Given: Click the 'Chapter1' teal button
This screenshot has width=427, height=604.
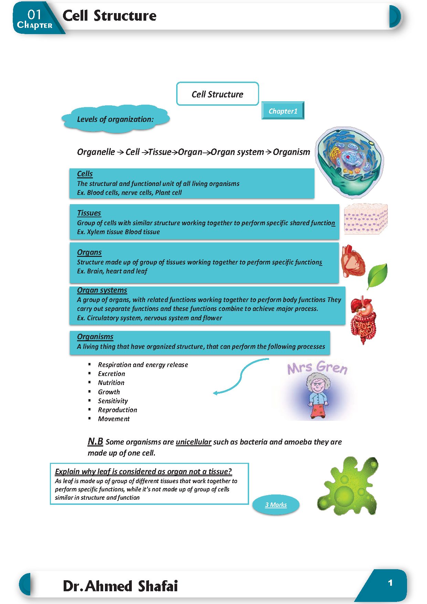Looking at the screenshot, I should [283, 111].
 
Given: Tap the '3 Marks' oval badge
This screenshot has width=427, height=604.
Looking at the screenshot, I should [276, 505].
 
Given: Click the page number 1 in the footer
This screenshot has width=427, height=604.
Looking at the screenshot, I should [390, 583].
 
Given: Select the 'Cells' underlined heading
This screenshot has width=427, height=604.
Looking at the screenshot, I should [85, 174].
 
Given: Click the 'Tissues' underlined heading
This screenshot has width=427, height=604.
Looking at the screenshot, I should [89, 213].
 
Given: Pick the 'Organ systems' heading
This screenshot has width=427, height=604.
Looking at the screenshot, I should [102, 290].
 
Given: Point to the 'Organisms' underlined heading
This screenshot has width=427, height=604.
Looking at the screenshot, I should [95, 336].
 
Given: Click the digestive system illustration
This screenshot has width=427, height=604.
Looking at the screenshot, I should [363, 320].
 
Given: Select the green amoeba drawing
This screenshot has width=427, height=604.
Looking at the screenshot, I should [348, 486].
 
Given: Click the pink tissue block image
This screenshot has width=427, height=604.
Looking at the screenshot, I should [365, 219].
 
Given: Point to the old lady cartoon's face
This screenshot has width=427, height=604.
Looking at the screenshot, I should [318, 385].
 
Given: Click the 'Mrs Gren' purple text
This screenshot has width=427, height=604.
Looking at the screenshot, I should [317, 367].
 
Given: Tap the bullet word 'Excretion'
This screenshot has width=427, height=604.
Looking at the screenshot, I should [111, 374].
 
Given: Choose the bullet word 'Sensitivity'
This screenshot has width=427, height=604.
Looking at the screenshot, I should [113, 401].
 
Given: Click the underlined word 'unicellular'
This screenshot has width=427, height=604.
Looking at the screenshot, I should [193, 442].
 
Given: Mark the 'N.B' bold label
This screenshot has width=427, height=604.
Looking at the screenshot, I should [95, 441].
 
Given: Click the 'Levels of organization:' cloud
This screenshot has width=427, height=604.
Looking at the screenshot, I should [115, 119].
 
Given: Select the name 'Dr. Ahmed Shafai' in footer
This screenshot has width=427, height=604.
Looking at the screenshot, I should [120, 586].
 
